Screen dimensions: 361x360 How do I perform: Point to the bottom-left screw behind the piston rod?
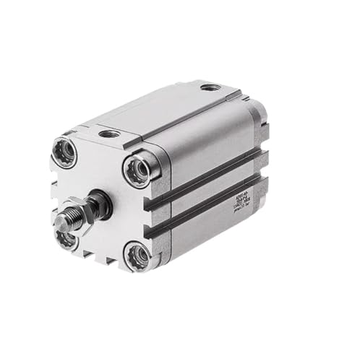67,238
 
